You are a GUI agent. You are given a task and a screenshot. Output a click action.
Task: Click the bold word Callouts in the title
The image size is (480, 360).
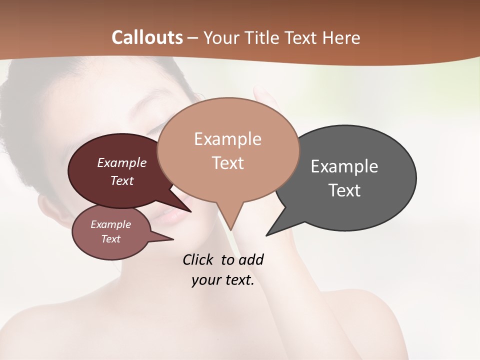(x=147, y=37)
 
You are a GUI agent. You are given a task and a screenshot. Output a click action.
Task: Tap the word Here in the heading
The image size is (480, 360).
(x=341, y=37)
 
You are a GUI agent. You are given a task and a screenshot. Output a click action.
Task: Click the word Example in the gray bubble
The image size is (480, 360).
(x=344, y=166)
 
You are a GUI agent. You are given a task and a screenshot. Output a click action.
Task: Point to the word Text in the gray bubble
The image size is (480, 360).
(x=344, y=190)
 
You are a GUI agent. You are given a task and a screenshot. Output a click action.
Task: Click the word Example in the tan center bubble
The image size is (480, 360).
(x=227, y=139)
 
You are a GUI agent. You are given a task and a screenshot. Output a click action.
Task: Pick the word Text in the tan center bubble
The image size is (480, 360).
(x=227, y=163)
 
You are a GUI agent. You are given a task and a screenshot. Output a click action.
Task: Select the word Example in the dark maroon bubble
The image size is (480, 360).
(x=122, y=162)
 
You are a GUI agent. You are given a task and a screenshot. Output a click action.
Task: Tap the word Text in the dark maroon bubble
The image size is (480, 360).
(x=122, y=180)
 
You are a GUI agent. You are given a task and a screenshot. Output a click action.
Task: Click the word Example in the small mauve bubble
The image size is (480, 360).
(x=110, y=224)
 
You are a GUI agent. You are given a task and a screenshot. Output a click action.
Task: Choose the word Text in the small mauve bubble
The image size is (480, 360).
(x=110, y=239)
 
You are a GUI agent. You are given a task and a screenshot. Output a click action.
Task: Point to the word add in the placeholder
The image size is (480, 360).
(x=251, y=259)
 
